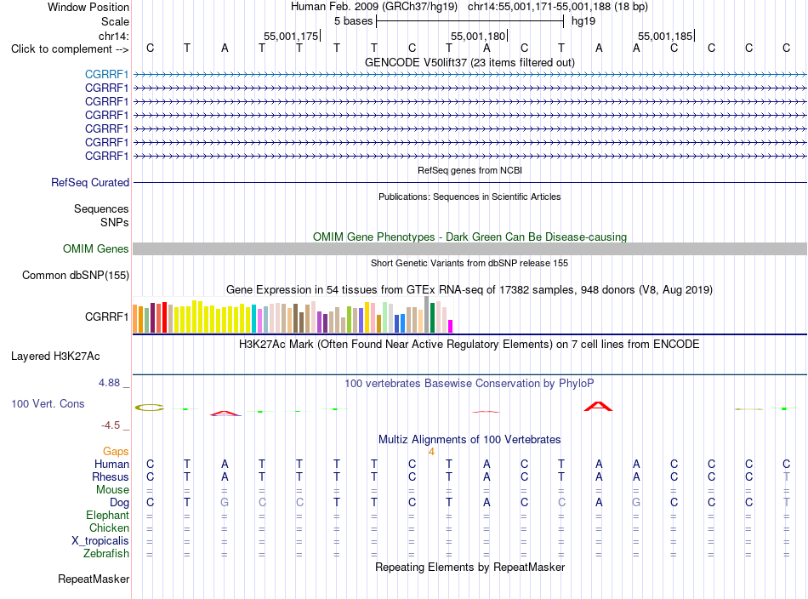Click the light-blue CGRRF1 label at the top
(106, 75)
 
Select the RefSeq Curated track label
(90, 182)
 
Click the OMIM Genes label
(96, 249)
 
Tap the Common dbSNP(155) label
(76, 276)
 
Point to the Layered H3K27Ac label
(55, 357)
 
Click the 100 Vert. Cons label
(48, 403)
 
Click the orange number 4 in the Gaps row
(432, 452)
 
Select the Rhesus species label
(111, 476)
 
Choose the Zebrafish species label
(106, 554)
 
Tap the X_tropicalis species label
(100, 541)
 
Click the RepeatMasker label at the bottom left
(94, 579)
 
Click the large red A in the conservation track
(598, 406)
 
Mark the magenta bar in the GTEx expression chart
(451, 327)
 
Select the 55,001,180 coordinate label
(478, 36)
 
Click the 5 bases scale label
(354, 21)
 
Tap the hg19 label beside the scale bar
(583, 21)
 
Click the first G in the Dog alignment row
(225, 503)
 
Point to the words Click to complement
(61, 49)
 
